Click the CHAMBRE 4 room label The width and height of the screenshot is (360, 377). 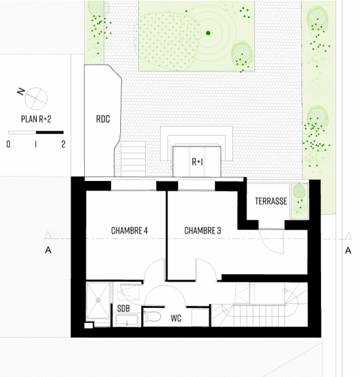point(129,231)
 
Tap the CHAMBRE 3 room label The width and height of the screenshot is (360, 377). point(203,231)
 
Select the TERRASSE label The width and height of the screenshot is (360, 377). point(271,201)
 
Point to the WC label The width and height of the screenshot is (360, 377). point(176,318)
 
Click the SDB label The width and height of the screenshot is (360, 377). point(124,309)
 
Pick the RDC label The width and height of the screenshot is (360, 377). point(103,119)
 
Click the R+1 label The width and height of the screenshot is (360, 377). point(197,162)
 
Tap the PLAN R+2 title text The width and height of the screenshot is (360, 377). point(36,119)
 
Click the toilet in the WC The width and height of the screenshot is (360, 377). point(152,317)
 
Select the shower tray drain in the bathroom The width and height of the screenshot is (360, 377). point(98,300)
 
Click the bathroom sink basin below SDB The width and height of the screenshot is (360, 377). point(127,320)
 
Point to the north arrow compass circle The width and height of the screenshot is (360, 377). point(36,99)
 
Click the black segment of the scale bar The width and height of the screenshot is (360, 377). point(50,132)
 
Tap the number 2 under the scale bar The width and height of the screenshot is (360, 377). point(63,144)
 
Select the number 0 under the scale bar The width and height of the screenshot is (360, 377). point(9,144)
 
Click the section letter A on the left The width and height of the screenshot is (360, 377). point(48,251)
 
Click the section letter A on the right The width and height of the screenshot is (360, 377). point(348,251)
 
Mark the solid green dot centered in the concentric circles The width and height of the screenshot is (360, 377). point(208,33)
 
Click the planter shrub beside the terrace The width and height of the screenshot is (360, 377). point(300,190)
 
